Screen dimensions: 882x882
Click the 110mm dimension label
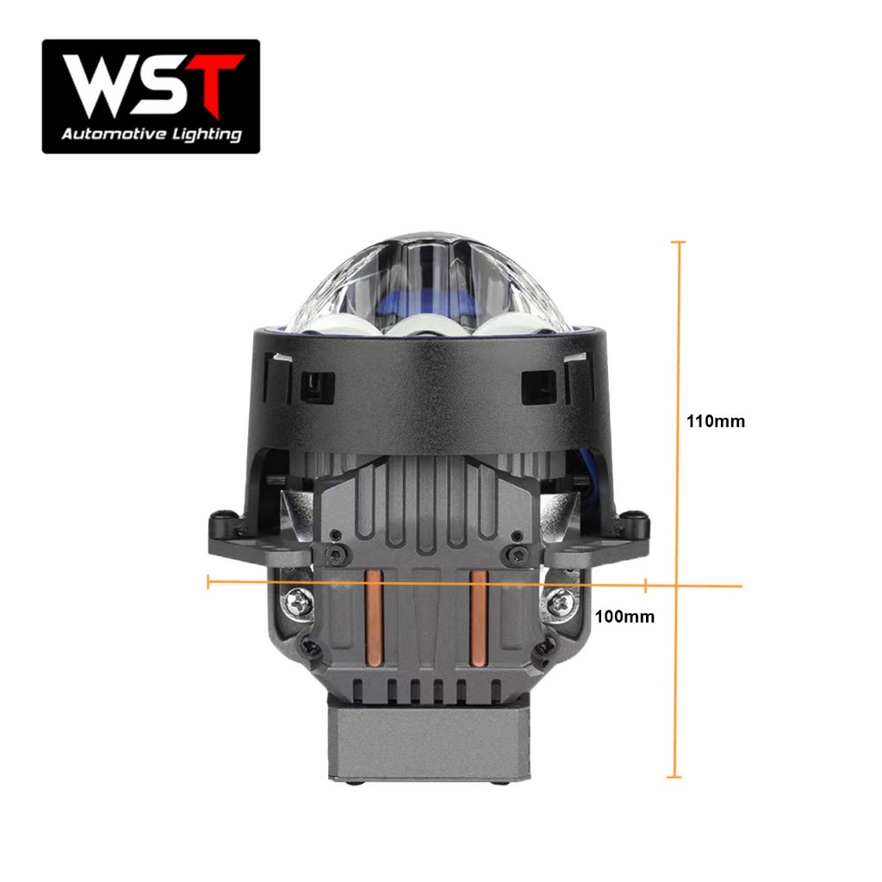[716, 421]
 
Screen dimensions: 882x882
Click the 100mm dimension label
[624, 617]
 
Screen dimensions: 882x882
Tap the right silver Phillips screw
[559, 603]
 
